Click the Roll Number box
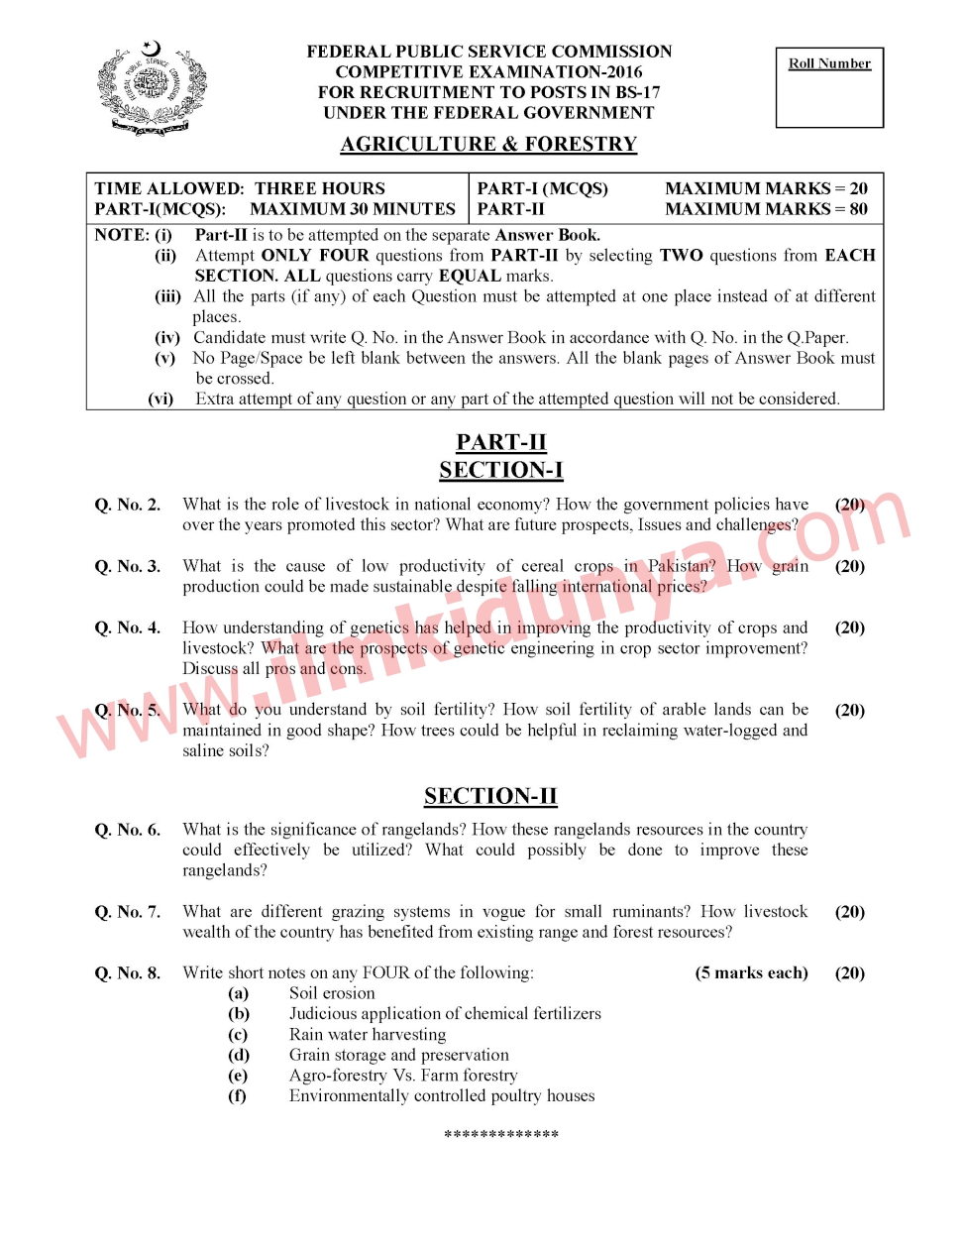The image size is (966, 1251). pos(829,88)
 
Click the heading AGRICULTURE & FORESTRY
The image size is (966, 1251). pos(488,145)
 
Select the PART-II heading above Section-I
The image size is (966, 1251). pos(501,442)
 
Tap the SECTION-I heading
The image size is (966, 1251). pos(501,470)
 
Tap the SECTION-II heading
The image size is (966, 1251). pos(490,796)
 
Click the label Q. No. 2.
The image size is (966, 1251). pos(128,505)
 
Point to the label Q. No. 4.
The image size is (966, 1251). pos(128,627)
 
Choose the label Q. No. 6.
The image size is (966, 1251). pos(128,830)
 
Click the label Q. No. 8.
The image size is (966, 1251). pos(128,972)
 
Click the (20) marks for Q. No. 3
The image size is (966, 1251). pos(850,566)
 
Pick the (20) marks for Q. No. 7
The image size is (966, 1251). pos(850,911)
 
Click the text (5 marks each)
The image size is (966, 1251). pos(751,972)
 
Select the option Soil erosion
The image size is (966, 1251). pos(332,993)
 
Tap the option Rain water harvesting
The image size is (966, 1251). pos(368,1034)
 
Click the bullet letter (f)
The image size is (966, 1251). pos(238,1095)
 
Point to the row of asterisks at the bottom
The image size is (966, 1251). pos(501,1134)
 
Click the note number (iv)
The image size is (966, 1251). pos(166,338)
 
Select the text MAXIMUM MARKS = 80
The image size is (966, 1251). pos(766,209)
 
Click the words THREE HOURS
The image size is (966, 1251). pos(320,188)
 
